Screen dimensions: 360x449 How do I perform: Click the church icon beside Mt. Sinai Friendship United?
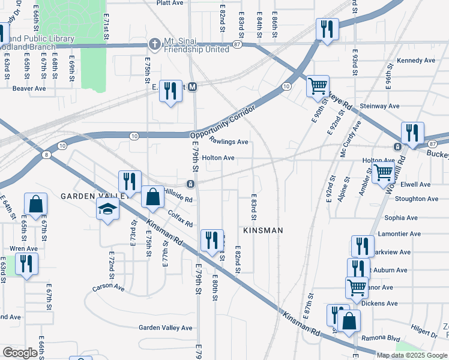[155, 44]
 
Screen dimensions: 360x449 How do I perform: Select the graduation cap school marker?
[108, 209]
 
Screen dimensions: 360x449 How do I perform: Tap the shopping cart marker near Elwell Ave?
[384, 172]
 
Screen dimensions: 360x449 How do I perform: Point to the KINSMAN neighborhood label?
[263, 230]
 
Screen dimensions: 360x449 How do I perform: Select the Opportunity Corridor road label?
[223, 122]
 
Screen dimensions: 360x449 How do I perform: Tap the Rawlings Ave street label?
[229, 142]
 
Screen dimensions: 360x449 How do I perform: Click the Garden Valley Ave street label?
[166, 328]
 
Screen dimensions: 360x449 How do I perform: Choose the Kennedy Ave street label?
[416, 61]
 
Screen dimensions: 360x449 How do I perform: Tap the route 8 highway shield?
[47, 155]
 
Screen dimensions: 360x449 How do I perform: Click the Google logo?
[20, 353]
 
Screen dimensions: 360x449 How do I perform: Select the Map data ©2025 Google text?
[412, 355]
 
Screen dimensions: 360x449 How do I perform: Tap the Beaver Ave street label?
[29, 88]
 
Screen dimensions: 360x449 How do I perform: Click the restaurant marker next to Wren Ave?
[26, 264]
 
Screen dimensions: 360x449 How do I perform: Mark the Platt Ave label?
[169, 3]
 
